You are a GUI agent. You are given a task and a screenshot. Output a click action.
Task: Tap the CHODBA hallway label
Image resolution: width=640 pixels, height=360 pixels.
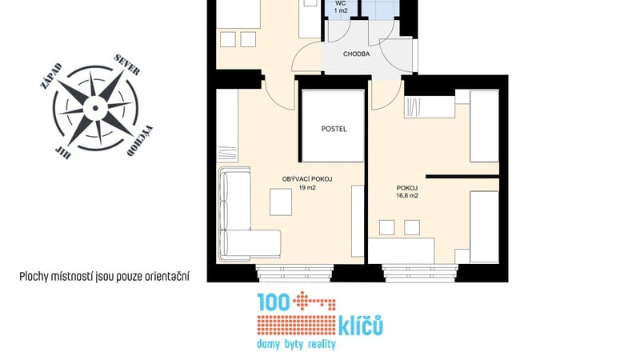point(356,54)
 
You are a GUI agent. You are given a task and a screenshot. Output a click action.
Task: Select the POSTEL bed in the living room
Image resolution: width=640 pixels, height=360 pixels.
point(333,126)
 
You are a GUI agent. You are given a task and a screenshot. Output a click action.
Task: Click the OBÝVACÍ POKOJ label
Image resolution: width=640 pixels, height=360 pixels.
point(307,179)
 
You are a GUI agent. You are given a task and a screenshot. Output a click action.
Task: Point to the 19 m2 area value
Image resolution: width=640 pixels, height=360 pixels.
point(307,188)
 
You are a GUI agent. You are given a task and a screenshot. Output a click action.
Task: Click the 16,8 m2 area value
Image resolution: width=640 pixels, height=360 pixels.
point(407,195)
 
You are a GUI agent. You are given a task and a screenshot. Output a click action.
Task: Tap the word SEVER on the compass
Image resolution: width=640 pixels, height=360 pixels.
point(127,65)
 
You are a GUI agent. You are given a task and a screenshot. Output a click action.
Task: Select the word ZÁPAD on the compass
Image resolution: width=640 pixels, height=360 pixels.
point(51,76)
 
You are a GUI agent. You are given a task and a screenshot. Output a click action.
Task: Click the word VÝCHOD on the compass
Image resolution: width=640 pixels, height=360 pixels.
point(139,142)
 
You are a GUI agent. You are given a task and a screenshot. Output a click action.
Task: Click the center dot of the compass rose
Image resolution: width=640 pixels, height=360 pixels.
point(95,108)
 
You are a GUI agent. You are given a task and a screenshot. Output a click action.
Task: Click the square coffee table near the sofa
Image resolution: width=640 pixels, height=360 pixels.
point(281,202)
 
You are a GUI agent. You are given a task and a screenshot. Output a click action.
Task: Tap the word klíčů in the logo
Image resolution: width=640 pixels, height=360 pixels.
point(361,325)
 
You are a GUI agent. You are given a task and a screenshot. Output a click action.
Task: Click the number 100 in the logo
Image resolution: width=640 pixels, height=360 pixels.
point(274,302)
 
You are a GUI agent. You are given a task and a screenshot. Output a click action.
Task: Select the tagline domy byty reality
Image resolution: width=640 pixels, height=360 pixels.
point(296,344)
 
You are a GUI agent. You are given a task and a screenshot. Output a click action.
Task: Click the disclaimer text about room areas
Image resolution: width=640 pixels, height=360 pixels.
point(105,277)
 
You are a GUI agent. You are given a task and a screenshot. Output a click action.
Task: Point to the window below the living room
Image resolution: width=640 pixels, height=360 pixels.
point(295,273)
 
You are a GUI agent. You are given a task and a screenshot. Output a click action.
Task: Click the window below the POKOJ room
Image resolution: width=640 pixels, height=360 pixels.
point(420,273)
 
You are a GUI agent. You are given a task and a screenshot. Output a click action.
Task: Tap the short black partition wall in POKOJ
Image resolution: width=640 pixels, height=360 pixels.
point(462,177)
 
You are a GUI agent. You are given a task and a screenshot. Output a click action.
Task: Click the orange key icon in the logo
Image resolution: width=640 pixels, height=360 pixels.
point(314,302)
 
